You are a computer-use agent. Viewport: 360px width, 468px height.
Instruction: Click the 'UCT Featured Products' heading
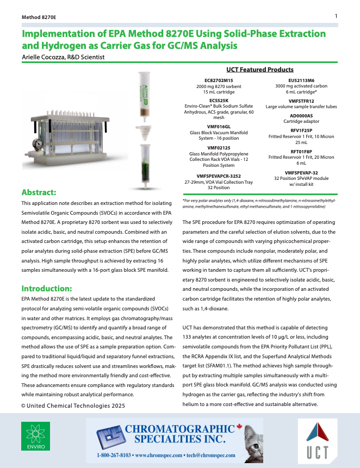click(260, 70)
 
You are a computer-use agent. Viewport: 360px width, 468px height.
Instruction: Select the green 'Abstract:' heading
click(39, 192)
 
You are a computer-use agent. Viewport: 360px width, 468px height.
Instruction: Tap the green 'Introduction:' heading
click(46, 288)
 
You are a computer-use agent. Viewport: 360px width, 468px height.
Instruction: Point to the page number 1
click(336, 16)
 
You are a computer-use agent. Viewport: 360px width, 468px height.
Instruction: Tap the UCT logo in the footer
click(316, 439)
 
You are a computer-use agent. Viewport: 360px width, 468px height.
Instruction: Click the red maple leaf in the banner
click(239, 428)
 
